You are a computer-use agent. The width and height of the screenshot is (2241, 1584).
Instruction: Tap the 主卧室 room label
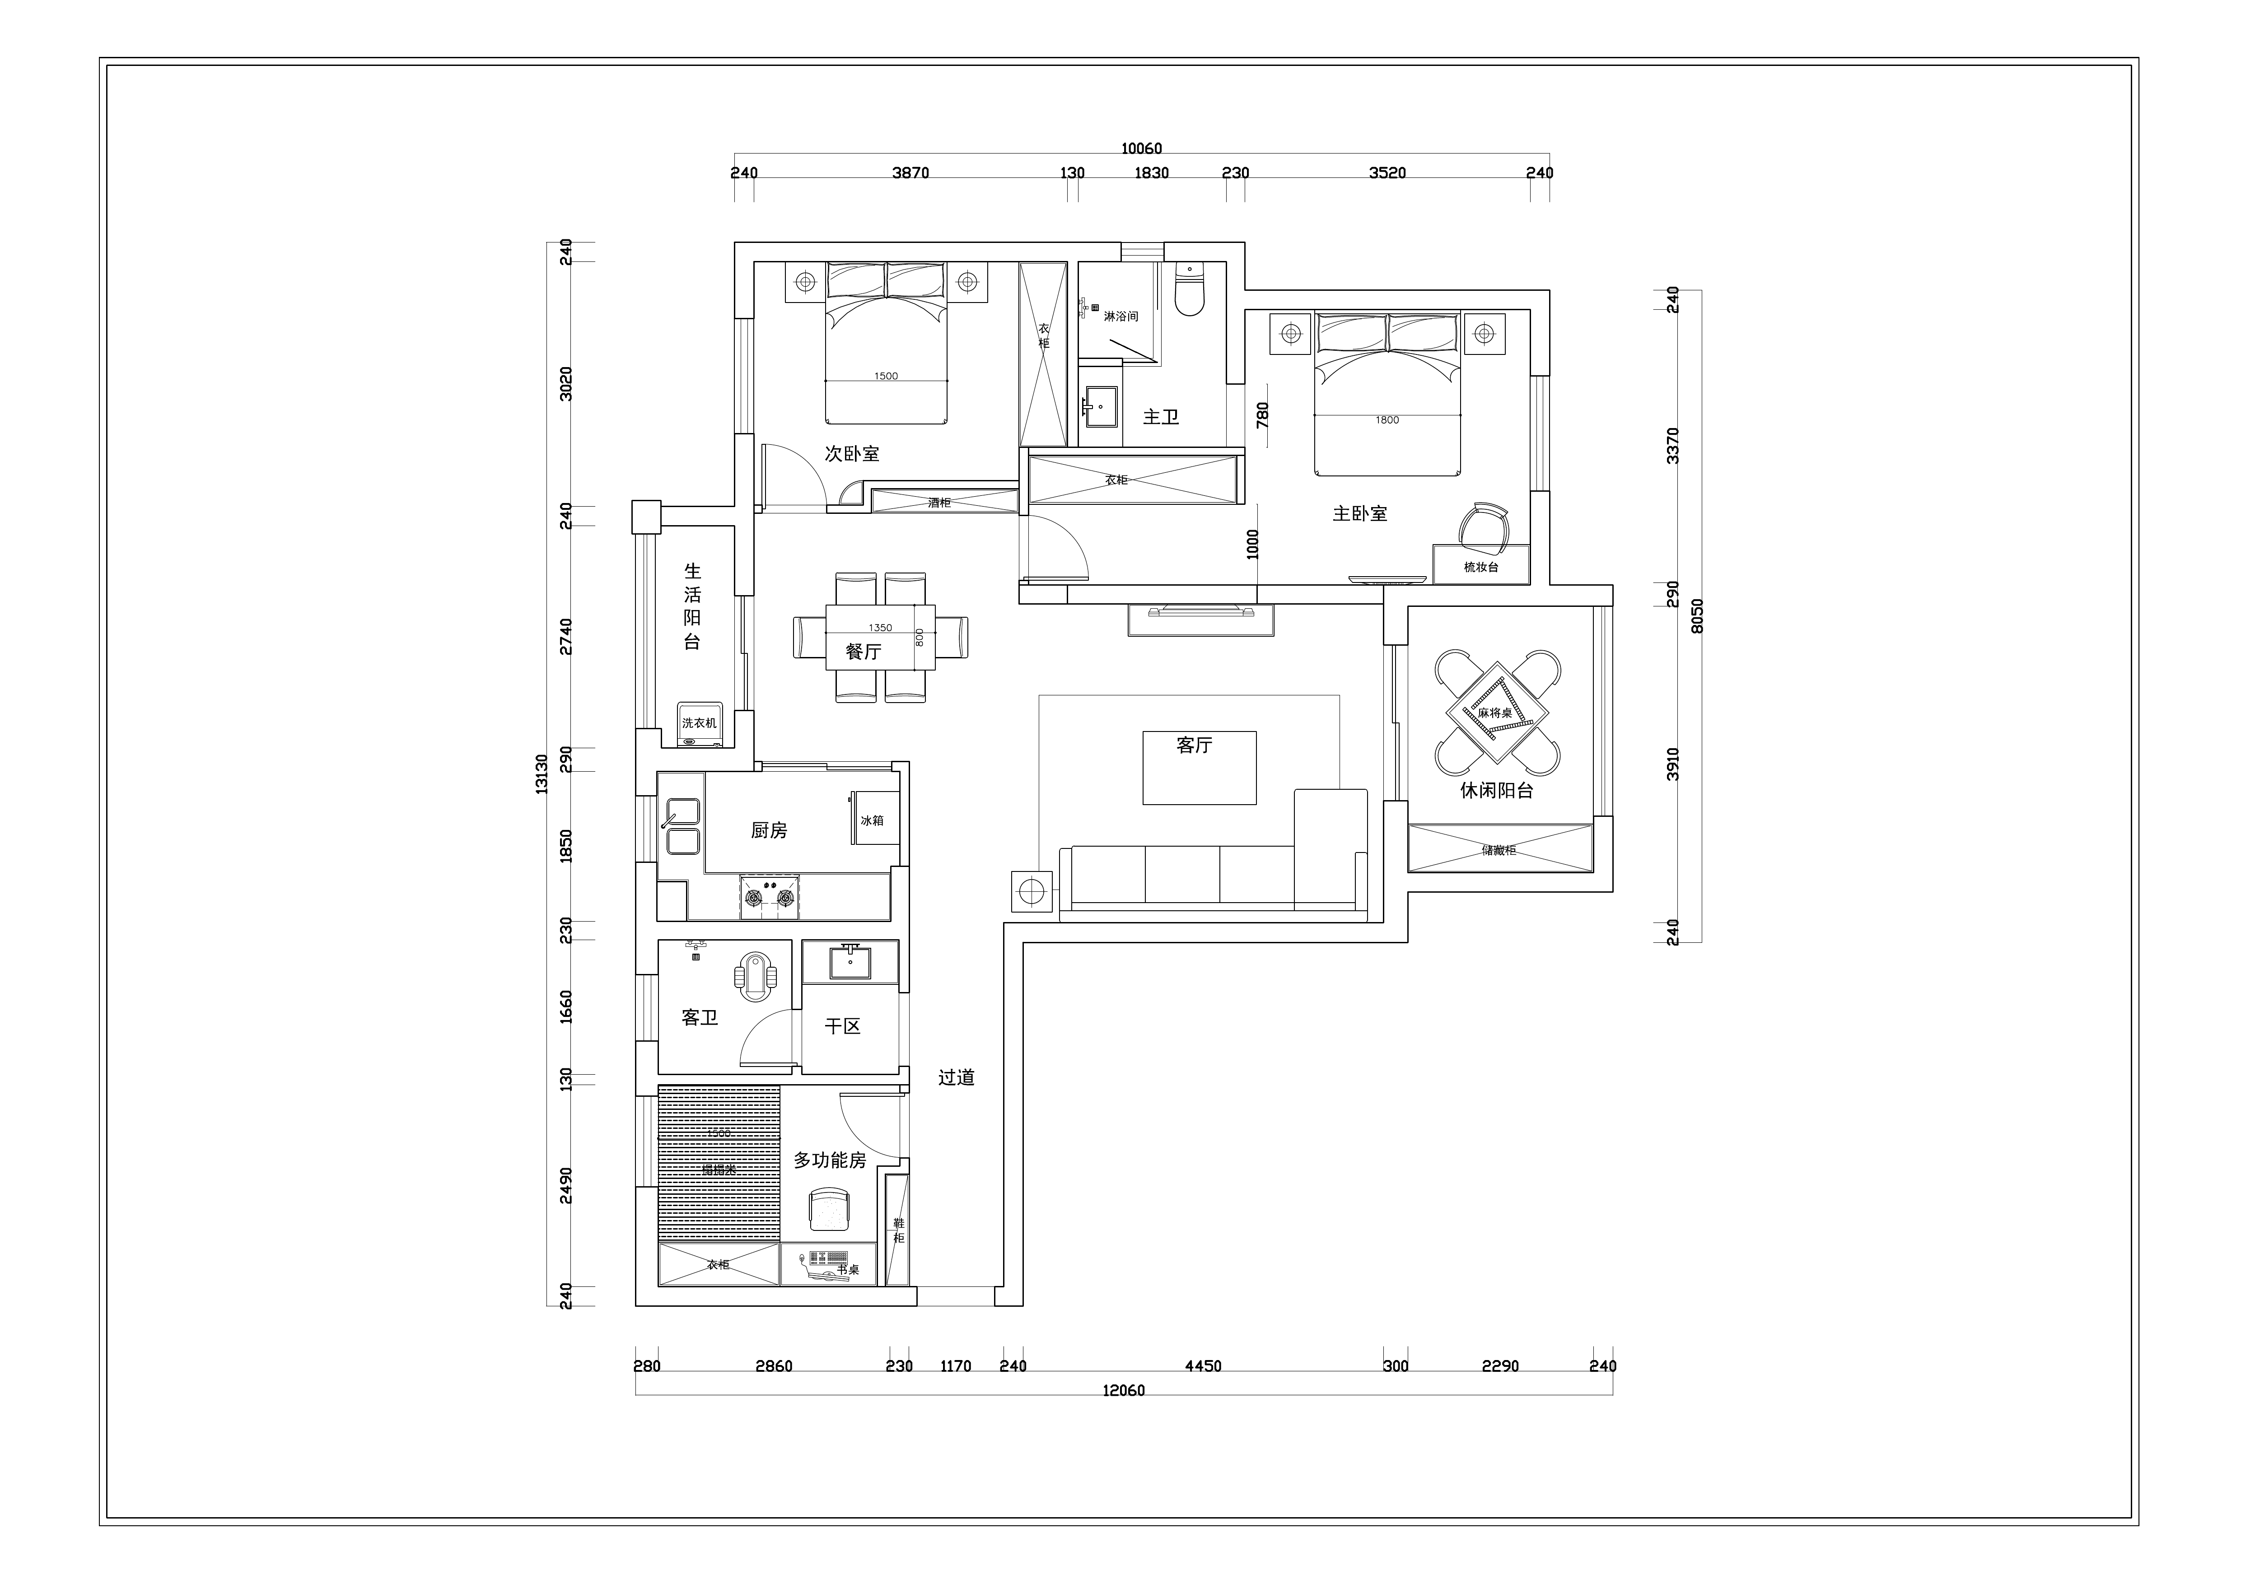coord(1359,513)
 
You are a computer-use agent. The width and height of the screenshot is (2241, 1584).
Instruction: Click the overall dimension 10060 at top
coord(1141,149)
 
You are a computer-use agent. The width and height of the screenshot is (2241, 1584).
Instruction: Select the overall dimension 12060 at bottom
coord(1123,1390)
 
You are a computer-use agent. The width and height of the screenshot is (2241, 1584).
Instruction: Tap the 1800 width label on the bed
coord(1387,419)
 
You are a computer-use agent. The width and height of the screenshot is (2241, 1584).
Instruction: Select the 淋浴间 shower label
coord(1120,316)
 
